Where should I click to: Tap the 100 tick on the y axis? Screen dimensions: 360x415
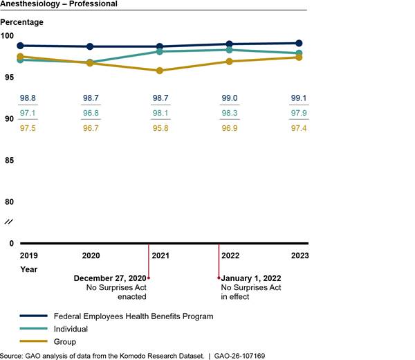coord(8,36)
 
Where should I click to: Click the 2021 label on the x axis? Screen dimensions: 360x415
coord(160,255)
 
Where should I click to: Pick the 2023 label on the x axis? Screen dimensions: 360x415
coord(299,255)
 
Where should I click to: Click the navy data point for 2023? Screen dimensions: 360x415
coord(299,43)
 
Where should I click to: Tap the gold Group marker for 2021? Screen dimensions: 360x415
coord(160,71)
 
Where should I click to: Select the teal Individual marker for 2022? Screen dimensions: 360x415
coord(230,50)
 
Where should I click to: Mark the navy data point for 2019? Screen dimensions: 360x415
coord(21,46)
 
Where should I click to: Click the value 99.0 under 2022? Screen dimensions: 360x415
coord(230,99)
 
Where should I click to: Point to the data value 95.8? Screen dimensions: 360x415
coord(160,128)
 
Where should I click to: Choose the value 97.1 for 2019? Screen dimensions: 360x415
coord(28,114)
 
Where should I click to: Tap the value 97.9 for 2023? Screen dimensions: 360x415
coord(299,114)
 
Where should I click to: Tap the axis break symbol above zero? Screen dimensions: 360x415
coord(8,222)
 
